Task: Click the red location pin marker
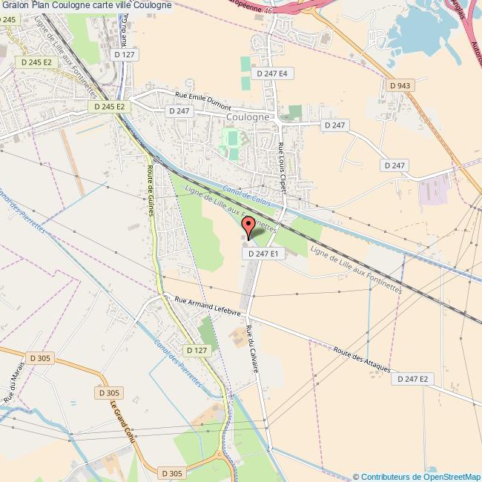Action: click(249, 226)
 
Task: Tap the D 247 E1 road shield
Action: click(263, 254)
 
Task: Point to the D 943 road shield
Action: click(400, 86)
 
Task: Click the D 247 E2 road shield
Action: click(413, 379)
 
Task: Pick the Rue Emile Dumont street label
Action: click(202, 100)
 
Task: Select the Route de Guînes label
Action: click(151, 190)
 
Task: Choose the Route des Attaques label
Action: click(362, 361)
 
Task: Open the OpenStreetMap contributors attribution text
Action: click(417, 476)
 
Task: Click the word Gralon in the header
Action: click(14, 5)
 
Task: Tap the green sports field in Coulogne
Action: click(233, 139)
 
